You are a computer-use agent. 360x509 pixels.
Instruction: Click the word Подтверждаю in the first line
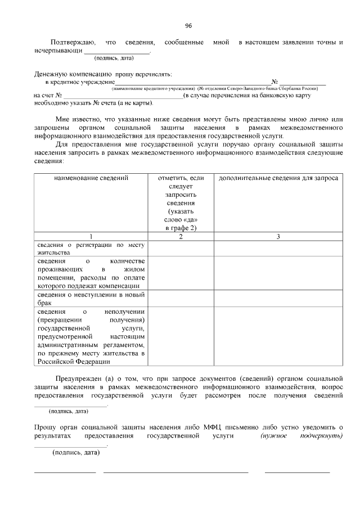pos(73,42)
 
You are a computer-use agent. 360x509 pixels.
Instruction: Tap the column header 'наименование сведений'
pos(91,178)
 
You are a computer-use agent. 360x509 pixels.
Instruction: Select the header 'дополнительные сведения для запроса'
pos(278,178)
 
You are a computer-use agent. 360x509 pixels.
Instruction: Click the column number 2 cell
pos(181,236)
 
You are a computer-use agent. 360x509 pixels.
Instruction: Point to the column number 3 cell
pos(278,236)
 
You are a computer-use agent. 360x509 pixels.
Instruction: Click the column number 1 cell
pos(91,236)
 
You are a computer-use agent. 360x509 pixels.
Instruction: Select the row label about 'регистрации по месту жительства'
pos(91,249)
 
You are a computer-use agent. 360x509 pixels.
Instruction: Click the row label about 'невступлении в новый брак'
pos(91,299)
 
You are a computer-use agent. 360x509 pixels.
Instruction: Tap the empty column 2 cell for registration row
pos(181,249)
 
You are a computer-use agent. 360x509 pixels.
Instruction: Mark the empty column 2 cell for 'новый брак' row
pos(181,299)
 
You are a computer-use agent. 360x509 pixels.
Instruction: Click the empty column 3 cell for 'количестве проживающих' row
pos(278,273)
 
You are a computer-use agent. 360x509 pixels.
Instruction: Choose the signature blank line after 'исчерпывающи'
pos(117,52)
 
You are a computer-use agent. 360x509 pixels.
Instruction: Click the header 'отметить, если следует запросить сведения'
pos(181,202)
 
